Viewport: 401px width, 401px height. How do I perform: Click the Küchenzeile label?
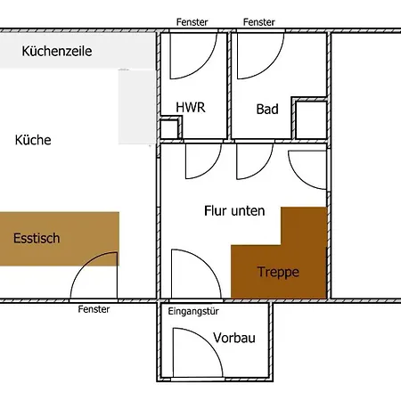[57, 51]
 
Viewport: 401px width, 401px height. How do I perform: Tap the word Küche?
[33, 140]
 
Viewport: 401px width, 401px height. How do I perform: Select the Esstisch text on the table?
[37, 238]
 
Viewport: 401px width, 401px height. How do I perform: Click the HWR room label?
[191, 107]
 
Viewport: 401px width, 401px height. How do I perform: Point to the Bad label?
[267, 110]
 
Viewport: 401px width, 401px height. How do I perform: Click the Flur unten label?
[234, 211]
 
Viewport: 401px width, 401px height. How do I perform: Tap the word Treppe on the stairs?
[278, 272]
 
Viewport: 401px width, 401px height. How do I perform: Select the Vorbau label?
[234, 338]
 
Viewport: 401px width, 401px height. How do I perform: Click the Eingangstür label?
[193, 311]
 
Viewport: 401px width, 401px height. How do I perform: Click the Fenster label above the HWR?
[192, 22]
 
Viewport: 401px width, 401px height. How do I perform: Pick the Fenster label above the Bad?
[259, 22]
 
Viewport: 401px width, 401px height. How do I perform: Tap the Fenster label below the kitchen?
[94, 309]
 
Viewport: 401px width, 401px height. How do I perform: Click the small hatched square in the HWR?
[169, 129]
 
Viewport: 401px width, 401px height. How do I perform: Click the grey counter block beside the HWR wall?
[137, 107]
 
